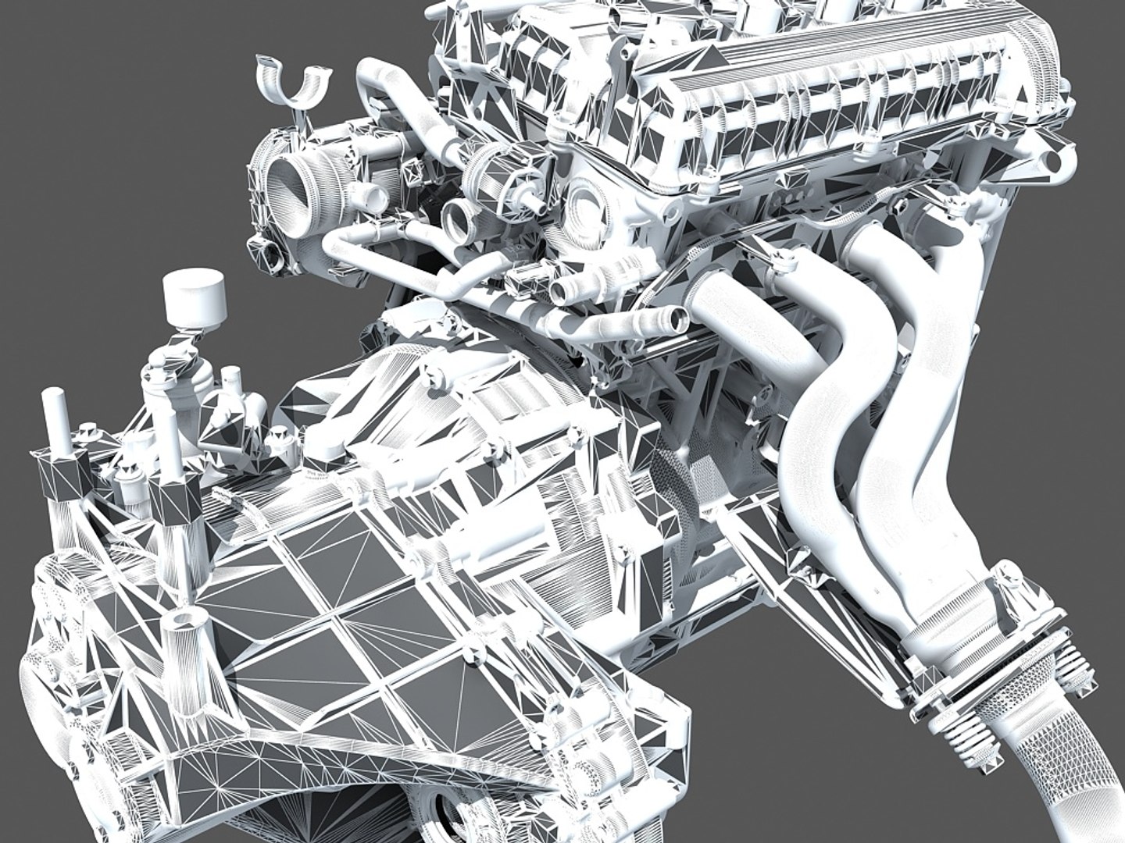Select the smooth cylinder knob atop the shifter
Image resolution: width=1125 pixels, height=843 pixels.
(x=195, y=298)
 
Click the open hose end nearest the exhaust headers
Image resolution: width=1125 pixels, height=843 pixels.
(x=673, y=318)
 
